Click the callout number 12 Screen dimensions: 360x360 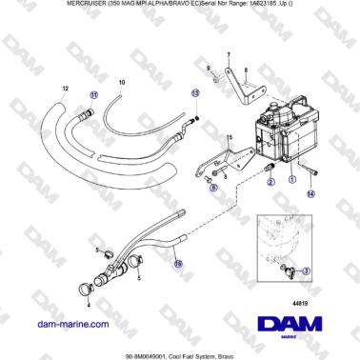coord(64,88)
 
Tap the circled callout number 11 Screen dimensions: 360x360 coord(92,96)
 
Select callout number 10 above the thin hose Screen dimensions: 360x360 coord(121,84)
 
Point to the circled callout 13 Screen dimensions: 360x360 coord(194,93)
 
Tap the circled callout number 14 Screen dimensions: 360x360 coord(310,192)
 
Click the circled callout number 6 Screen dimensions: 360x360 coord(212,189)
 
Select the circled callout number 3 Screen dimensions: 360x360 coord(306,270)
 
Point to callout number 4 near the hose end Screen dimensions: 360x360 coord(89,306)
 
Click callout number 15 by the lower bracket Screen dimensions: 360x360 coord(228,139)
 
